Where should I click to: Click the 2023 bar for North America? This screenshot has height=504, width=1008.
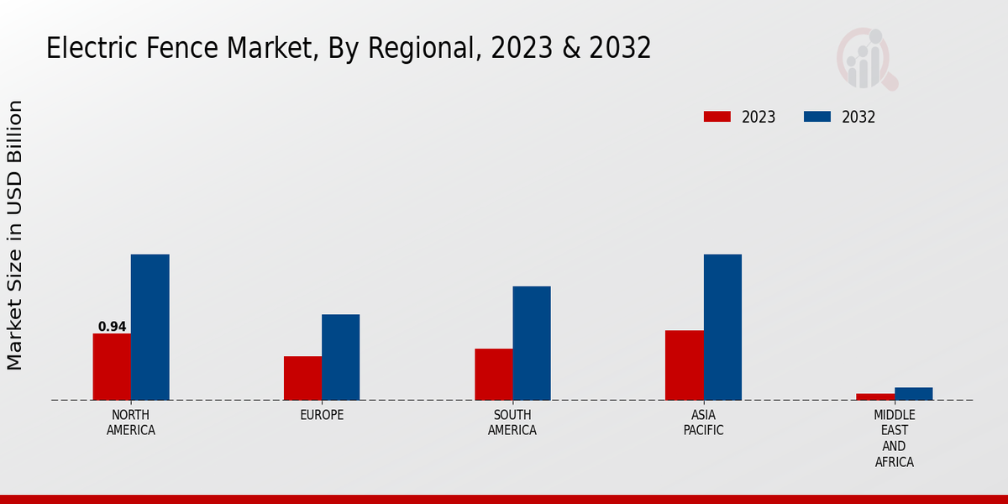point(112,366)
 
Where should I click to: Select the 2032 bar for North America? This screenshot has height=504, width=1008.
point(150,327)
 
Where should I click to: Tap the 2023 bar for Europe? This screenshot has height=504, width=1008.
point(302,378)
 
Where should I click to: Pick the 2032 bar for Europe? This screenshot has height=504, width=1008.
point(340,357)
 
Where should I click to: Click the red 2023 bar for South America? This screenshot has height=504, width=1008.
point(493,374)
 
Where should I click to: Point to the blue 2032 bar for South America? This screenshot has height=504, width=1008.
point(532,343)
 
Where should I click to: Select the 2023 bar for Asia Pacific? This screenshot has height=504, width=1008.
point(684,365)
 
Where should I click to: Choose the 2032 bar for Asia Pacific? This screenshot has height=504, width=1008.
point(722,327)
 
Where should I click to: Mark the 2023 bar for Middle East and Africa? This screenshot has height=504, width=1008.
point(875,396)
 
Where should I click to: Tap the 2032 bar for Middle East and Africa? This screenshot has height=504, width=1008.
point(913,393)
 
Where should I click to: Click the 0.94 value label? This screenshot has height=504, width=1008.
point(112,327)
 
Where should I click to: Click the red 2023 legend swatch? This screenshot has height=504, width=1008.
point(717,117)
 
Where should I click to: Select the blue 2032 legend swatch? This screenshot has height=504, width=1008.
point(817,117)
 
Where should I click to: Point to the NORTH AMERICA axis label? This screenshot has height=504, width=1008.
point(131,423)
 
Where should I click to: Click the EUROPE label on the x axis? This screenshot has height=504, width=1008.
point(322,415)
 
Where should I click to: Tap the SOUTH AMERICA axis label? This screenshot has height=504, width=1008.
point(512,423)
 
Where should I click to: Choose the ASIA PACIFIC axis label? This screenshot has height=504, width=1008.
point(703,423)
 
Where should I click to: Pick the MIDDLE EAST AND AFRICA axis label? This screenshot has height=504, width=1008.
point(894,438)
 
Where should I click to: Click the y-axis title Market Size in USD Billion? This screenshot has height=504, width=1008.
point(15,235)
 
